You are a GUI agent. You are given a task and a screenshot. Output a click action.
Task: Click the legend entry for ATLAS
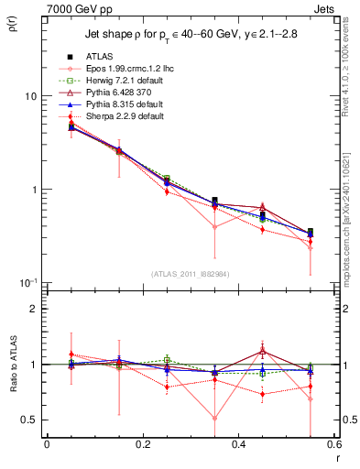[97, 57]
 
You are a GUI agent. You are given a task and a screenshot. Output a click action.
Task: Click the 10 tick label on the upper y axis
[29, 96]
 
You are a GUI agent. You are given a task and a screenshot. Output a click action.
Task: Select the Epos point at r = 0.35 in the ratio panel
[214, 419]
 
